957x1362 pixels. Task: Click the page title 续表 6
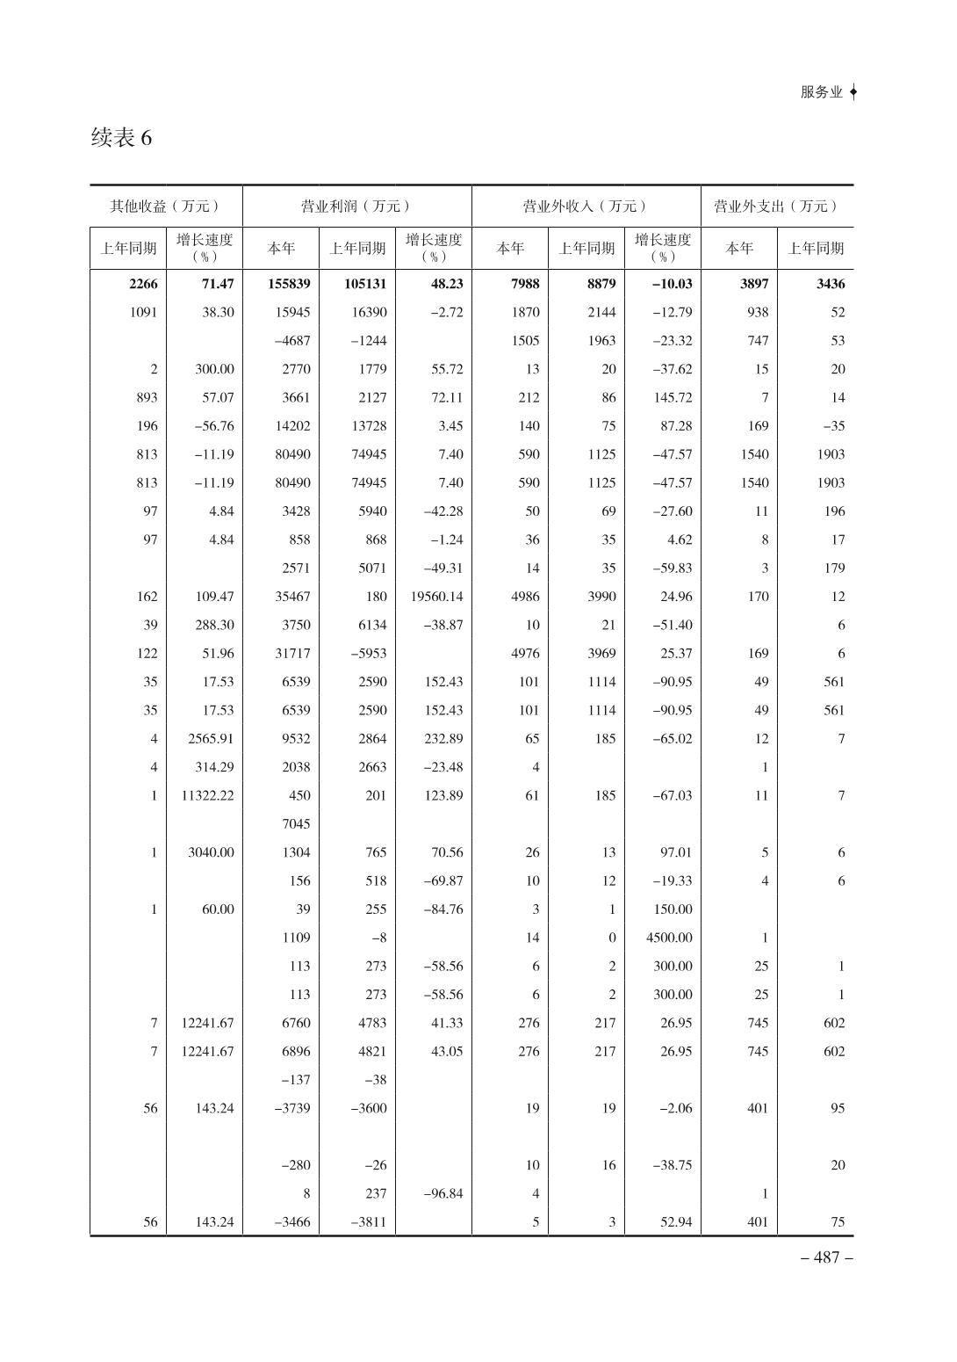(121, 138)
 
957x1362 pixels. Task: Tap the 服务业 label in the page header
(821, 92)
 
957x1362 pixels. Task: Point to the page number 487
(826, 1257)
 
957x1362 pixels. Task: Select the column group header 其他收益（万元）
(165, 206)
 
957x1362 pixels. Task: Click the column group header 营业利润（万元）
(356, 206)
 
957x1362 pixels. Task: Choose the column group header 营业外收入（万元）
(586, 206)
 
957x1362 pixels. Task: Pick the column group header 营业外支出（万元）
(776, 206)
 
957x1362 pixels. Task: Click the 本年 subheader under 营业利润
(281, 249)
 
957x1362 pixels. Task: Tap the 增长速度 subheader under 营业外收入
(663, 247)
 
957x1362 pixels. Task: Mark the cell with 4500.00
(669, 938)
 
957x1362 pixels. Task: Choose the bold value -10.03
(672, 284)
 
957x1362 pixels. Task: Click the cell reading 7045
(296, 824)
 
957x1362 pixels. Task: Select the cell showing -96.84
(443, 1193)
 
